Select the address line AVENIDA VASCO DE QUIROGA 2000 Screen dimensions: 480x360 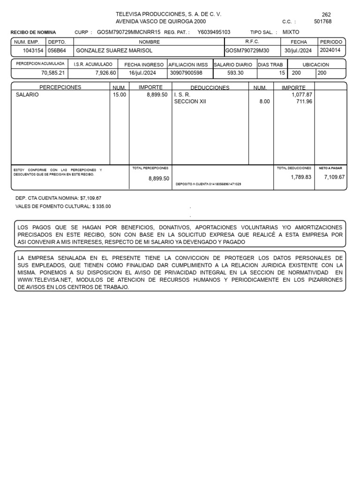(160, 22)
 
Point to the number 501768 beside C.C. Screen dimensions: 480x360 (322, 22)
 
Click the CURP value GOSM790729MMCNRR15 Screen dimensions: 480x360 (128, 32)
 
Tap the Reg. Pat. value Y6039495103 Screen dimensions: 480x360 (214, 32)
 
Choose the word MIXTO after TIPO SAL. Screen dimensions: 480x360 (291, 32)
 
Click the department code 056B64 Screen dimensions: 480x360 (57, 51)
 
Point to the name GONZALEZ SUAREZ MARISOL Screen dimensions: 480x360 (114, 51)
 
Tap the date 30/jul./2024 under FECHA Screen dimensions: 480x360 (298, 51)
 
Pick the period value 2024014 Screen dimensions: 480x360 (331, 50)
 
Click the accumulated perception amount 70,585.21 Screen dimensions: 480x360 (53, 73)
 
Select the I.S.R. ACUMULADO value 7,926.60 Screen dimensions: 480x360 (105, 73)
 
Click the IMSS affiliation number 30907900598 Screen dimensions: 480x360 (186, 73)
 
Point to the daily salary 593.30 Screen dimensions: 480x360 (236, 73)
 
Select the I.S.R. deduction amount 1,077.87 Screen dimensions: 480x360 (301, 94)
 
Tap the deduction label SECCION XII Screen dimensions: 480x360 (190, 101)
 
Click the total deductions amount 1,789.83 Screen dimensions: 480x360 (301, 177)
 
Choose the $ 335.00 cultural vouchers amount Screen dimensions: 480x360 (102, 206)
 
